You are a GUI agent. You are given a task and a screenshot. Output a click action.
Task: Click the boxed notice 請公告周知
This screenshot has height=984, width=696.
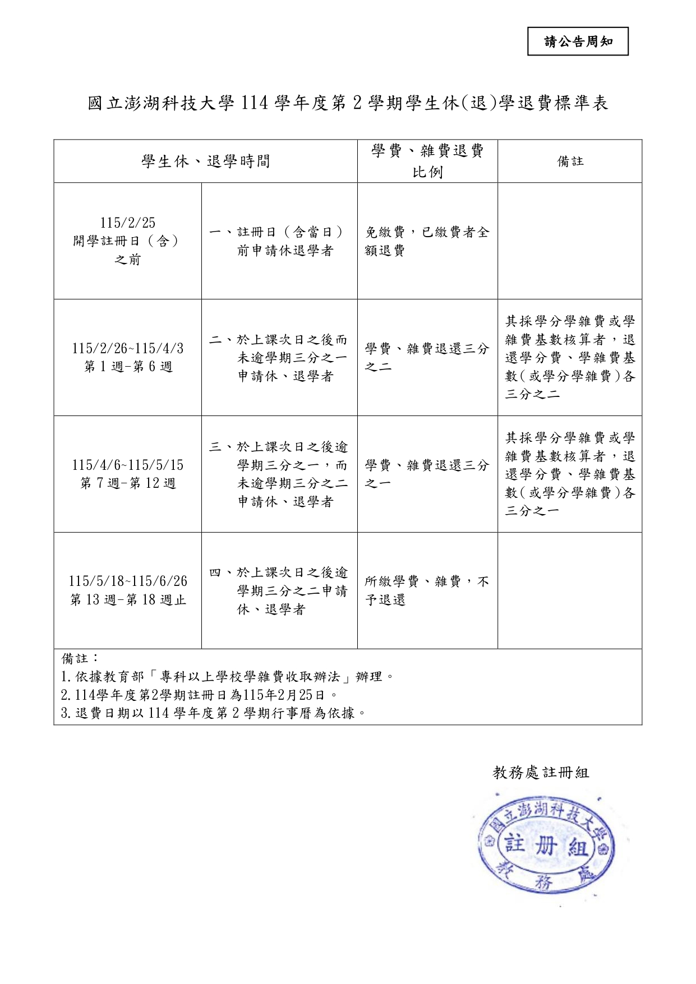578,41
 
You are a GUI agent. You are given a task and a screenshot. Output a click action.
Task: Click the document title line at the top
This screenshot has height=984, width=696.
348,103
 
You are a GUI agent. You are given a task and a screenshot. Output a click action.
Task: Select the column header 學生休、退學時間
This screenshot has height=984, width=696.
205,161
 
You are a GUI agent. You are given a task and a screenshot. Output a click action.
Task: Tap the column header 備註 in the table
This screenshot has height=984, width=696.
570,161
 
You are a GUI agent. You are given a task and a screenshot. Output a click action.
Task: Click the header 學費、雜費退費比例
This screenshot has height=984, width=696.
427,161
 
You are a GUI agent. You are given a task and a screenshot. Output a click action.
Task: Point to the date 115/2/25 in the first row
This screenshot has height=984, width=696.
128,223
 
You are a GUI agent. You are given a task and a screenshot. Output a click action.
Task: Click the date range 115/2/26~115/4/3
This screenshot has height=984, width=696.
128,348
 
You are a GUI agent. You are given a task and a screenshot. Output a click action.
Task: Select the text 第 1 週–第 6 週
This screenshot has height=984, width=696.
128,367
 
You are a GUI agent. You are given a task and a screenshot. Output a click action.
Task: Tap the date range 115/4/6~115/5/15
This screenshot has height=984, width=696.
128,465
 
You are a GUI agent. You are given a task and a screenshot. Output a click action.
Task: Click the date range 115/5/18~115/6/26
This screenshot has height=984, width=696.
128,581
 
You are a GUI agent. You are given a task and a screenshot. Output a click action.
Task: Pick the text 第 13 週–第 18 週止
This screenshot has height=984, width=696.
128,600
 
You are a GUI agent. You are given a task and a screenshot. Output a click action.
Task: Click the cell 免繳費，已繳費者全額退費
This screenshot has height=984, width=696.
427,241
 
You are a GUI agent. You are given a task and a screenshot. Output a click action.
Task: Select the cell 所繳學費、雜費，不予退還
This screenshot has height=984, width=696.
427,590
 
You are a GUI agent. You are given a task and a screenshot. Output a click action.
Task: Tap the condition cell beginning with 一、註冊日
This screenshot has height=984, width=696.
279,241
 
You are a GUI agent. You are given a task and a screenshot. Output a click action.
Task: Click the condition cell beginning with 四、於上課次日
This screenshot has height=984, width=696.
279,590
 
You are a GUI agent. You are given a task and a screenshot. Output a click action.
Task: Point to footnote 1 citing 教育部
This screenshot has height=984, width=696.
227,677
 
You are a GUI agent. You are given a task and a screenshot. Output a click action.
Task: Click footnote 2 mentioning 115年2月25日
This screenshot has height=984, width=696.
199,695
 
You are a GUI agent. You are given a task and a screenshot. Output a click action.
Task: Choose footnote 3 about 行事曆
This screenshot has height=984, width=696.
213,713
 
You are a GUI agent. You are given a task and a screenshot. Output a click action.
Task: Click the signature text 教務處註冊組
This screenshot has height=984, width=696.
541,773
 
